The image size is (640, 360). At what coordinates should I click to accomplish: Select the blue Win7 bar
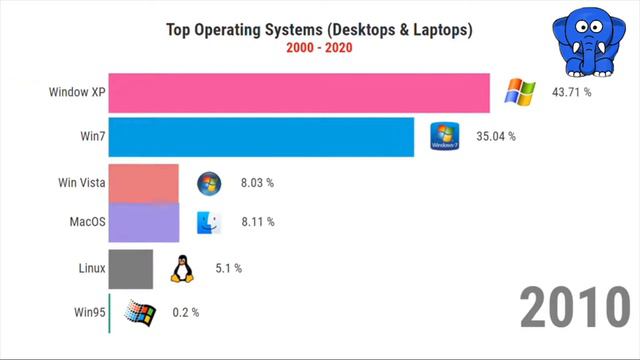click(261, 137)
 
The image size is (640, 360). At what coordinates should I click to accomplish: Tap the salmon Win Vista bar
click(143, 183)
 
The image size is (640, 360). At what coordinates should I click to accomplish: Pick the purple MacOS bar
click(143, 222)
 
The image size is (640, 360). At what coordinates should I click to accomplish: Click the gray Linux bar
click(130, 268)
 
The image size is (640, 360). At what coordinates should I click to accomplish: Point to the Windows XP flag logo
click(519, 93)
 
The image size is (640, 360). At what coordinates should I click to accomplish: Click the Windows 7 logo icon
click(444, 137)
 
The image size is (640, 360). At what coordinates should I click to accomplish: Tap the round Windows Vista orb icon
click(208, 183)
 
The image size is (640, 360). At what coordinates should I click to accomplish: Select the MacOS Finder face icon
click(208, 222)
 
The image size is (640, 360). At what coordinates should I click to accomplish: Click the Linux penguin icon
click(182, 268)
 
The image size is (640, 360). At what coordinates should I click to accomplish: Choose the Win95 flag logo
click(141, 312)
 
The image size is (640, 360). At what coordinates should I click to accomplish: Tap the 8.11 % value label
click(257, 222)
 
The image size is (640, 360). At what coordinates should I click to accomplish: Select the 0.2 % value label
click(186, 312)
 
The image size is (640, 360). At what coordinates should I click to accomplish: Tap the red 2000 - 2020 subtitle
click(318, 47)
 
